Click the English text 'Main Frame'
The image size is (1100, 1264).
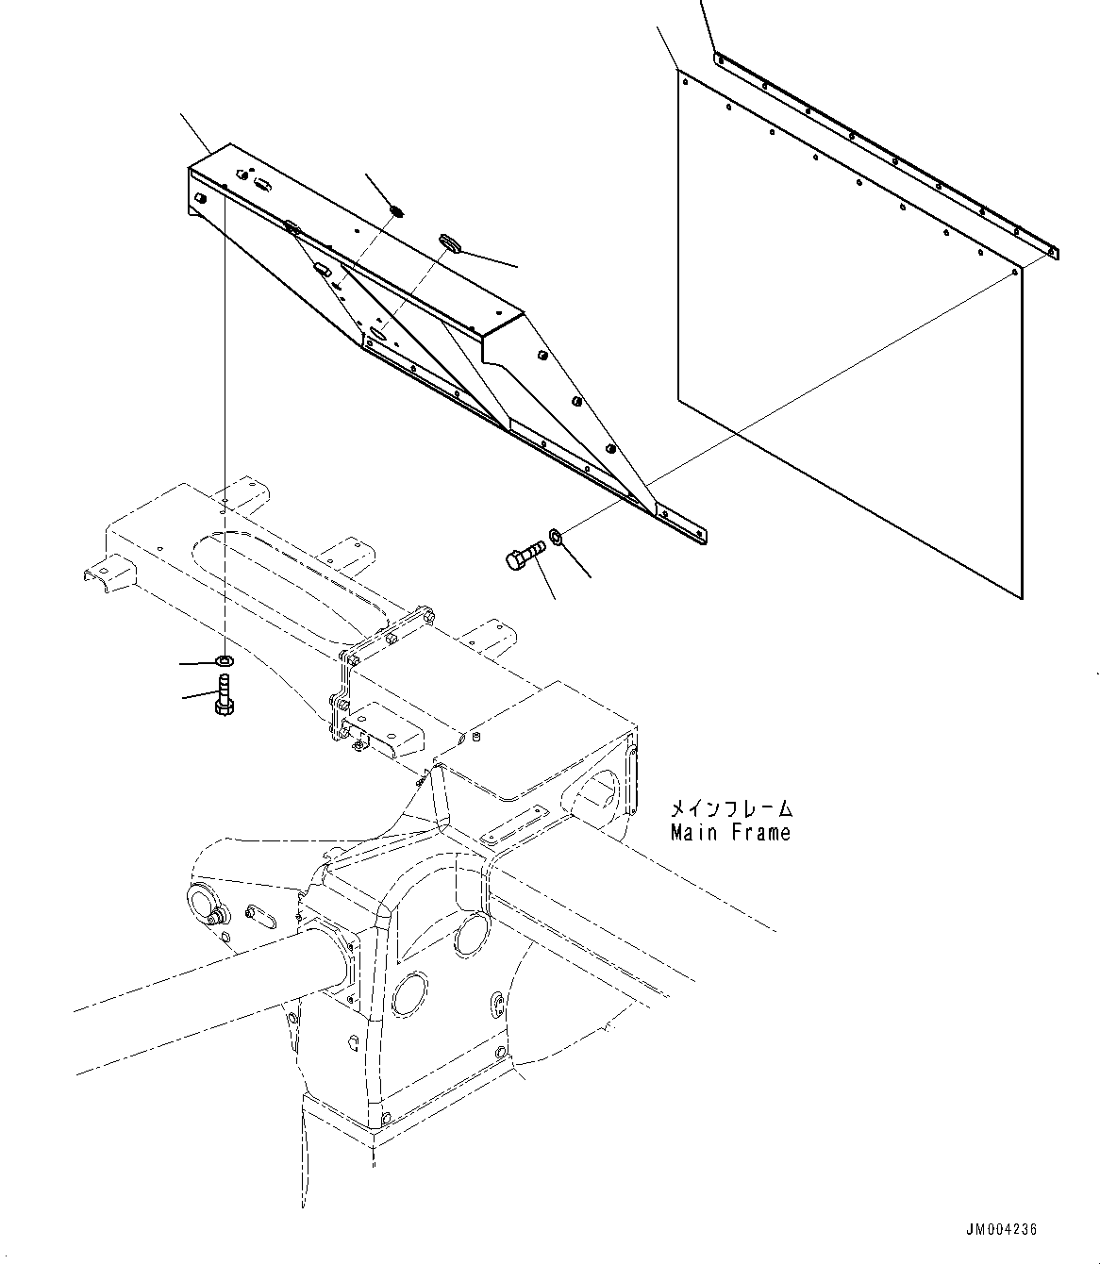(x=730, y=833)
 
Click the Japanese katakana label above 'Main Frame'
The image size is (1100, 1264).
(x=730, y=809)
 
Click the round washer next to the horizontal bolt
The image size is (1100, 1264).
(x=557, y=538)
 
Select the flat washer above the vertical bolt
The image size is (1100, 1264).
(x=225, y=658)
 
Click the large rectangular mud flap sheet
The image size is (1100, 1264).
(x=849, y=340)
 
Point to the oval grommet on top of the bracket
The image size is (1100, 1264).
(x=449, y=244)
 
